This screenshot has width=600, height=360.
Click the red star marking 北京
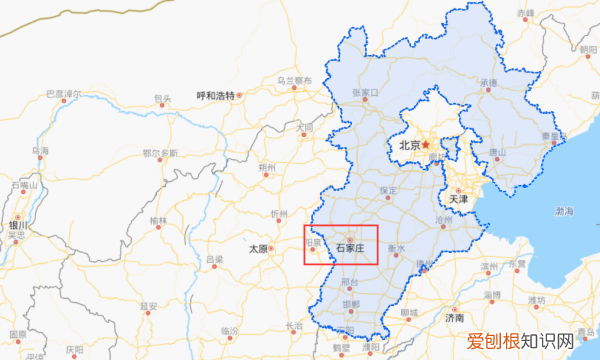pyautogui.click(x=424, y=144)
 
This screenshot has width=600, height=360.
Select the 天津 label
pyautogui.click(x=458, y=199)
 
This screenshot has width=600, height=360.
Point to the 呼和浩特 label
pyautogui.click(x=214, y=96)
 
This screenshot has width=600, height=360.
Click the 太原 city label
pyautogui.click(x=259, y=247)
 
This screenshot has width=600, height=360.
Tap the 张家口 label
pyautogui.click(x=364, y=93)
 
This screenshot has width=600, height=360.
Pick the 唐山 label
pyautogui.click(x=496, y=152)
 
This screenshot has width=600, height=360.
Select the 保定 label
pyautogui.click(x=389, y=190)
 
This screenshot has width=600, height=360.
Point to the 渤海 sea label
pyautogui.click(x=563, y=212)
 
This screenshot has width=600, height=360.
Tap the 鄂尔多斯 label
pyautogui.click(x=160, y=153)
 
